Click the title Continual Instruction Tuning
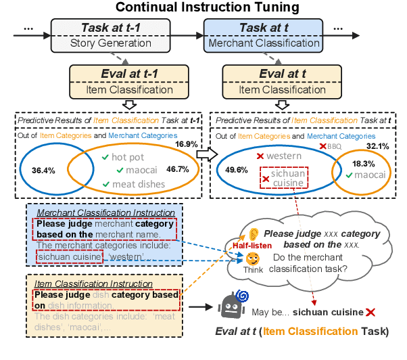point(203,9)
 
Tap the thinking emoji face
point(252,258)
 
